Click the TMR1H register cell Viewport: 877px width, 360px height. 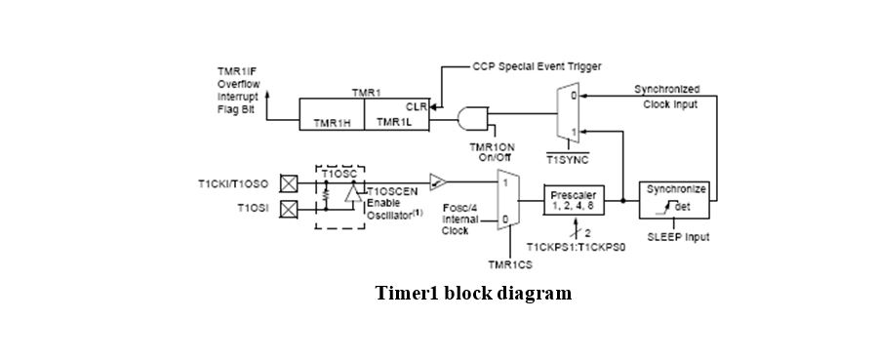331,123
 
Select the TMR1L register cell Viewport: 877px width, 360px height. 395,123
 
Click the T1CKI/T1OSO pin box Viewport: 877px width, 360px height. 288,182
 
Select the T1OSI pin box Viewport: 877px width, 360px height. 288,208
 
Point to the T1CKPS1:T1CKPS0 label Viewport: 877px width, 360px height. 576,247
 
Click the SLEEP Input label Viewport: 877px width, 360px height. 678,237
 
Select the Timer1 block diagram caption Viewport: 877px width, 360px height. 473,294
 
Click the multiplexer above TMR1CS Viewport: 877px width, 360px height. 507,199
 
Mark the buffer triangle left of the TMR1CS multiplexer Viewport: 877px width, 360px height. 440,181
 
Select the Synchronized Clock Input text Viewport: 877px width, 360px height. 666,97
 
